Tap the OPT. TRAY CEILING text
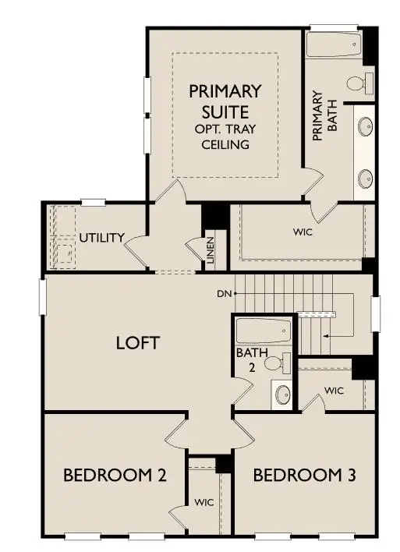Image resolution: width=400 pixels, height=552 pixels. click(x=225, y=136)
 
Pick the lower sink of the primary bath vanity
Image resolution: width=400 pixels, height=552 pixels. click(x=365, y=179)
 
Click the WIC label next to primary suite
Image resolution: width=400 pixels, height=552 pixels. click(x=303, y=232)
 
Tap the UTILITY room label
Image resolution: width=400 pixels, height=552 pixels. click(x=101, y=238)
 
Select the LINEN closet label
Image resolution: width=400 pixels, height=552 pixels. click(x=210, y=249)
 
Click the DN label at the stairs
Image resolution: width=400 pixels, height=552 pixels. click(x=225, y=294)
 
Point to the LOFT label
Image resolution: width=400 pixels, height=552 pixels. click(x=138, y=342)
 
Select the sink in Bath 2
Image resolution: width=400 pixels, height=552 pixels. click(x=281, y=393)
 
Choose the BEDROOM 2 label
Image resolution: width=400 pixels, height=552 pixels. click(x=114, y=475)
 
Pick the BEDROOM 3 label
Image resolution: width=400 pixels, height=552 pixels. click(x=299, y=475)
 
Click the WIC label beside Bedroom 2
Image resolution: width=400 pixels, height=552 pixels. click(x=204, y=501)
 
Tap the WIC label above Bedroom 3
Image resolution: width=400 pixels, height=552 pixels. click(x=335, y=390)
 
